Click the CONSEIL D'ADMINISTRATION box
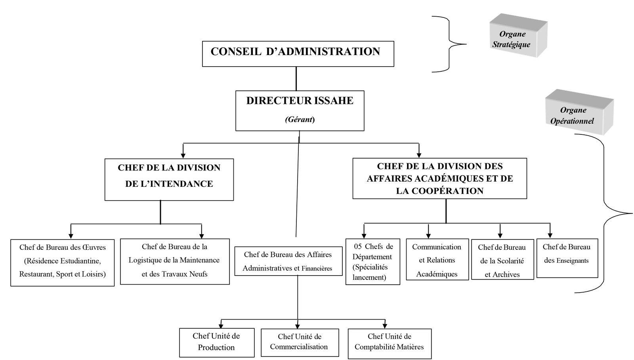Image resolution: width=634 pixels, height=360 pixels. pyautogui.click(x=298, y=54)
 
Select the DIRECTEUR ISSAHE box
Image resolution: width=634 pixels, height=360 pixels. pyautogui.click(x=300, y=110)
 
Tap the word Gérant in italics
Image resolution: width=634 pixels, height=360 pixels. pyautogui.click(x=299, y=119)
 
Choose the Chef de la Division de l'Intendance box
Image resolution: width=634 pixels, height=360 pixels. pyautogui.click(x=169, y=179)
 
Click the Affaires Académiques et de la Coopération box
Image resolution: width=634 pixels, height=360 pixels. pyautogui.click(x=439, y=178)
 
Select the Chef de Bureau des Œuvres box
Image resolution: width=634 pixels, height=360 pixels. pyautogui.click(x=62, y=262)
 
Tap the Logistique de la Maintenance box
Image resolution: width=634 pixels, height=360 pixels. pyautogui.click(x=174, y=261)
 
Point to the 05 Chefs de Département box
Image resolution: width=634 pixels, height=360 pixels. pyautogui.click(x=372, y=262)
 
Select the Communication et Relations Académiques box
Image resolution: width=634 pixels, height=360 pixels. pyautogui.click(x=436, y=260)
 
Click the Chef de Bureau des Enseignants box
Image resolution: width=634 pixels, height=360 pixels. pyautogui.click(x=567, y=258)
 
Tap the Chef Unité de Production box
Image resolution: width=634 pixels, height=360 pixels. pyautogui.click(x=216, y=342)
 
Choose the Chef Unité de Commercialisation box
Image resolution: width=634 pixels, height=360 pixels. pyautogui.click(x=300, y=342)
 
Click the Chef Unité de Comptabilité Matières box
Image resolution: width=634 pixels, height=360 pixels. pyautogui.click(x=389, y=343)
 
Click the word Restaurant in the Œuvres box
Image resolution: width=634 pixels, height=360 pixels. pyautogui.click(x=36, y=274)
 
